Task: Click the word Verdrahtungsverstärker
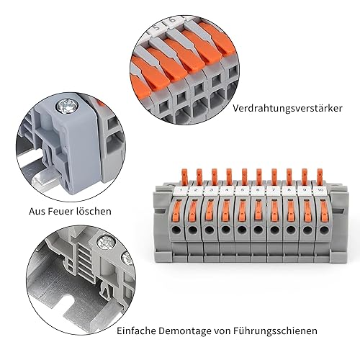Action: [287, 108]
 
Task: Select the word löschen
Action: [94, 212]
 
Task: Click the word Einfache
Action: [136, 330]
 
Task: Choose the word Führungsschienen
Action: [275, 331]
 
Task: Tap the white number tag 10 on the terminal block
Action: [320, 190]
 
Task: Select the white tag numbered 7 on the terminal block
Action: [274, 191]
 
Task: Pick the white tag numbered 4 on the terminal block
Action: [227, 191]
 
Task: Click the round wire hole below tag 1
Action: [177, 230]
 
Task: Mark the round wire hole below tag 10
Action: [323, 230]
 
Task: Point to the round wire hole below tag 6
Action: [258, 230]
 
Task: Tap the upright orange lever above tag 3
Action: [214, 177]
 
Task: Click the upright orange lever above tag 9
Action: [305, 176]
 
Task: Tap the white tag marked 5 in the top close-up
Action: [155, 28]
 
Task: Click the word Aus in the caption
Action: [37, 212]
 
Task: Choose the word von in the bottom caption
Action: [221, 331]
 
